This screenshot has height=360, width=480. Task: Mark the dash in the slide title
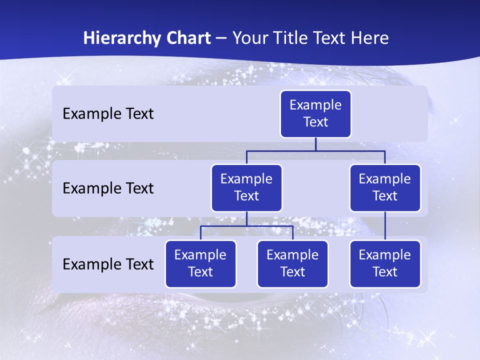[221, 38]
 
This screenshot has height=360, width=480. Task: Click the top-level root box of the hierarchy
[315, 114]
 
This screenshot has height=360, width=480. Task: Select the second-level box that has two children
[246, 188]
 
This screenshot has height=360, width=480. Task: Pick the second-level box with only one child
[385, 188]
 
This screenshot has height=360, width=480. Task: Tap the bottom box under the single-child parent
[385, 264]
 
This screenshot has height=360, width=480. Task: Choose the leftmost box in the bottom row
[200, 264]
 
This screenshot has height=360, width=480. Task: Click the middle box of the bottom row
[292, 264]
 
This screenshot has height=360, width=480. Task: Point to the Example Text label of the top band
[108, 114]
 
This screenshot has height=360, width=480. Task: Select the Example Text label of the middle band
[108, 188]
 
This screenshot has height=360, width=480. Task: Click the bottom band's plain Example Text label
[108, 264]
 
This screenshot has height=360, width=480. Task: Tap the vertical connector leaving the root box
[315, 144]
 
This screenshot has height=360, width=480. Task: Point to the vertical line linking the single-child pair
[385, 226]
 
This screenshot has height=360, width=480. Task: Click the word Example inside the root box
[315, 105]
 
